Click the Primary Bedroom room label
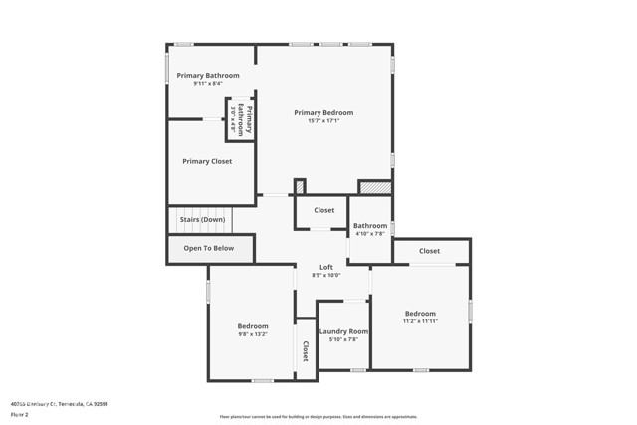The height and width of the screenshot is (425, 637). pyautogui.click(x=323, y=113)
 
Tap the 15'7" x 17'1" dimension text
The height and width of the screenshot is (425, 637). pyautogui.click(x=323, y=122)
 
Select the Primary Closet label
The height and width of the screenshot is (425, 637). pyautogui.click(x=207, y=161)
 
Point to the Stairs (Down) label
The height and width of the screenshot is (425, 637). pyautogui.click(x=202, y=219)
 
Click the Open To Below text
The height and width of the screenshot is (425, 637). pyautogui.click(x=209, y=248)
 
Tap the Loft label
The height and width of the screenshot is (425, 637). pyautogui.click(x=326, y=267)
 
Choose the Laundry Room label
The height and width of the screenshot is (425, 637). pyautogui.click(x=344, y=331)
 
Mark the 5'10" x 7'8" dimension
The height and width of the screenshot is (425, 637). pyautogui.click(x=344, y=339)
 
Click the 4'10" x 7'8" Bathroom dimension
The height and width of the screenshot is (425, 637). pyautogui.click(x=370, y=234)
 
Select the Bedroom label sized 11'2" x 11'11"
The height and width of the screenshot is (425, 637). pyautogui.click(x=419, y=314)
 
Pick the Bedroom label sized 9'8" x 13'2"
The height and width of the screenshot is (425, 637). pyautogui.click(x=253, y=326)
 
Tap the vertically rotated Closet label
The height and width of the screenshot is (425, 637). pyautogui.click(x=306, y=349)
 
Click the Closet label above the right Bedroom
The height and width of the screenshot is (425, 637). pyautogui.click(x=429, y=251)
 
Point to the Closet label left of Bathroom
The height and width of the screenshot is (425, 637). pyautogui.click(x=324, y=210)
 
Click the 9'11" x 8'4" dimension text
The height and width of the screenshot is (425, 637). pyautogui.click(x=208, y=84)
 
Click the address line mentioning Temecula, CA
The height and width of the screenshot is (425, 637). pyautogui.click(x=59, y=404)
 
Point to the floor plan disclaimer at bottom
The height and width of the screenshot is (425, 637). pyautogui.click(x=318, y=417)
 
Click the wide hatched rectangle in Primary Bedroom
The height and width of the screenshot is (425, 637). pyautogui.click(x=375, y=186)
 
